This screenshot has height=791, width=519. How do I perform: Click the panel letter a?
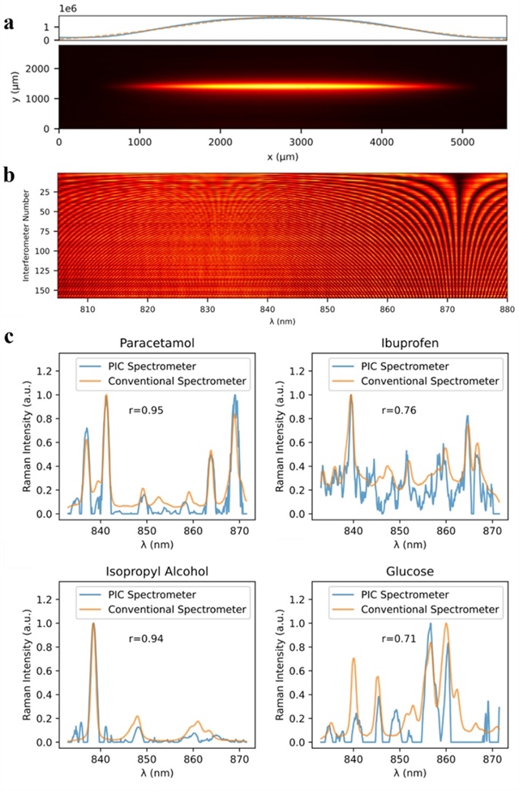pyautogui.click(x=8, y=23)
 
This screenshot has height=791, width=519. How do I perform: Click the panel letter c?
pyautogui.click(x=8, y=335)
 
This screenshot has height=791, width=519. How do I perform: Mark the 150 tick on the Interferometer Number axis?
pyautogui.click(x=47, y=288)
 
